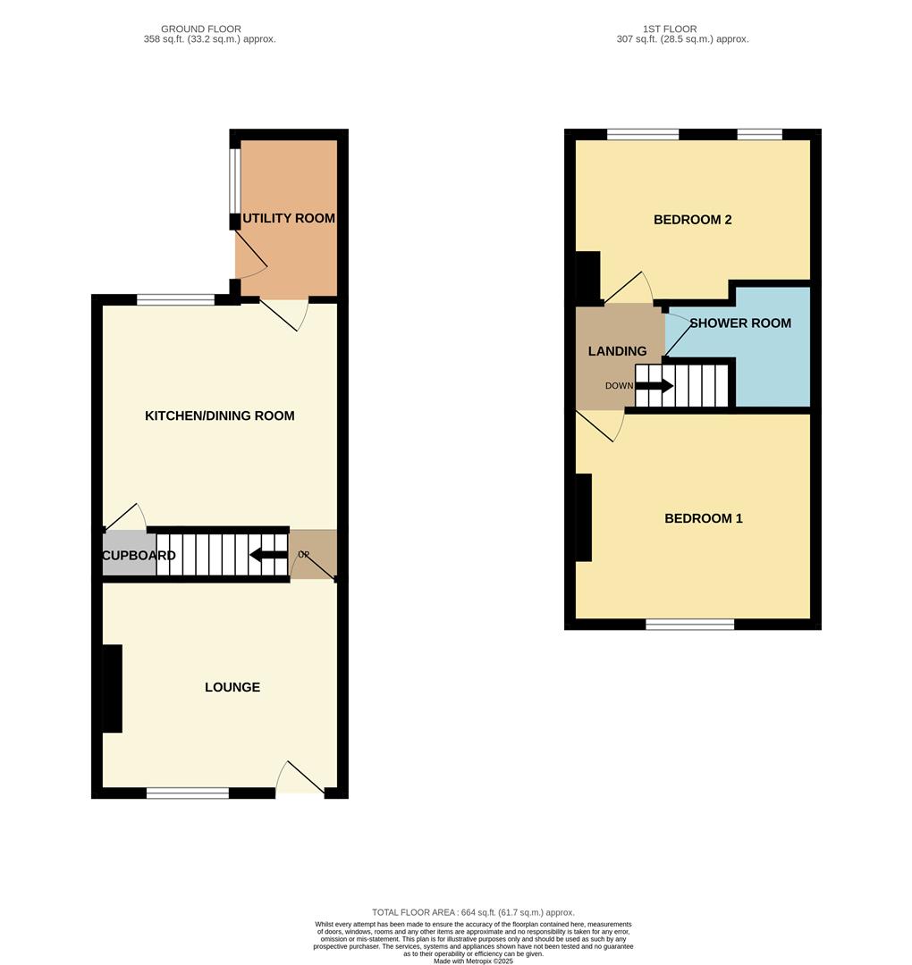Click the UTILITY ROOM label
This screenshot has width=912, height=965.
289,218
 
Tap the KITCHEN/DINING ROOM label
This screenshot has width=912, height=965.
219,415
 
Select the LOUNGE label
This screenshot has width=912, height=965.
232,687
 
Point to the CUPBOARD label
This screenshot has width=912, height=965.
139,555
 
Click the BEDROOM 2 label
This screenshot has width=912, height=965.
692,219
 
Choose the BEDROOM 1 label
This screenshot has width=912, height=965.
703,518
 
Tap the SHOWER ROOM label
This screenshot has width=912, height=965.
740,323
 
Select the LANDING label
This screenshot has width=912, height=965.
617,351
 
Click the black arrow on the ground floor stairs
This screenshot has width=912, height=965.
267,555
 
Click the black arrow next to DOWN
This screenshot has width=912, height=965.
654,386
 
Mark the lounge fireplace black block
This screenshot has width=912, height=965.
112,689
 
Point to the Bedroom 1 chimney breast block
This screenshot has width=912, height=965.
583,517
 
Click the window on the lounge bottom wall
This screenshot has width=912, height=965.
188,793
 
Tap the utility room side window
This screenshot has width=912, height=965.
234,180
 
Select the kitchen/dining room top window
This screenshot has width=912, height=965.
175,300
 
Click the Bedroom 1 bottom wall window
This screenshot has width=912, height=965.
689,625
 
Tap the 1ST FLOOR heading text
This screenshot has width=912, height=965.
669,29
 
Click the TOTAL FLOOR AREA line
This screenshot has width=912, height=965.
473,912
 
